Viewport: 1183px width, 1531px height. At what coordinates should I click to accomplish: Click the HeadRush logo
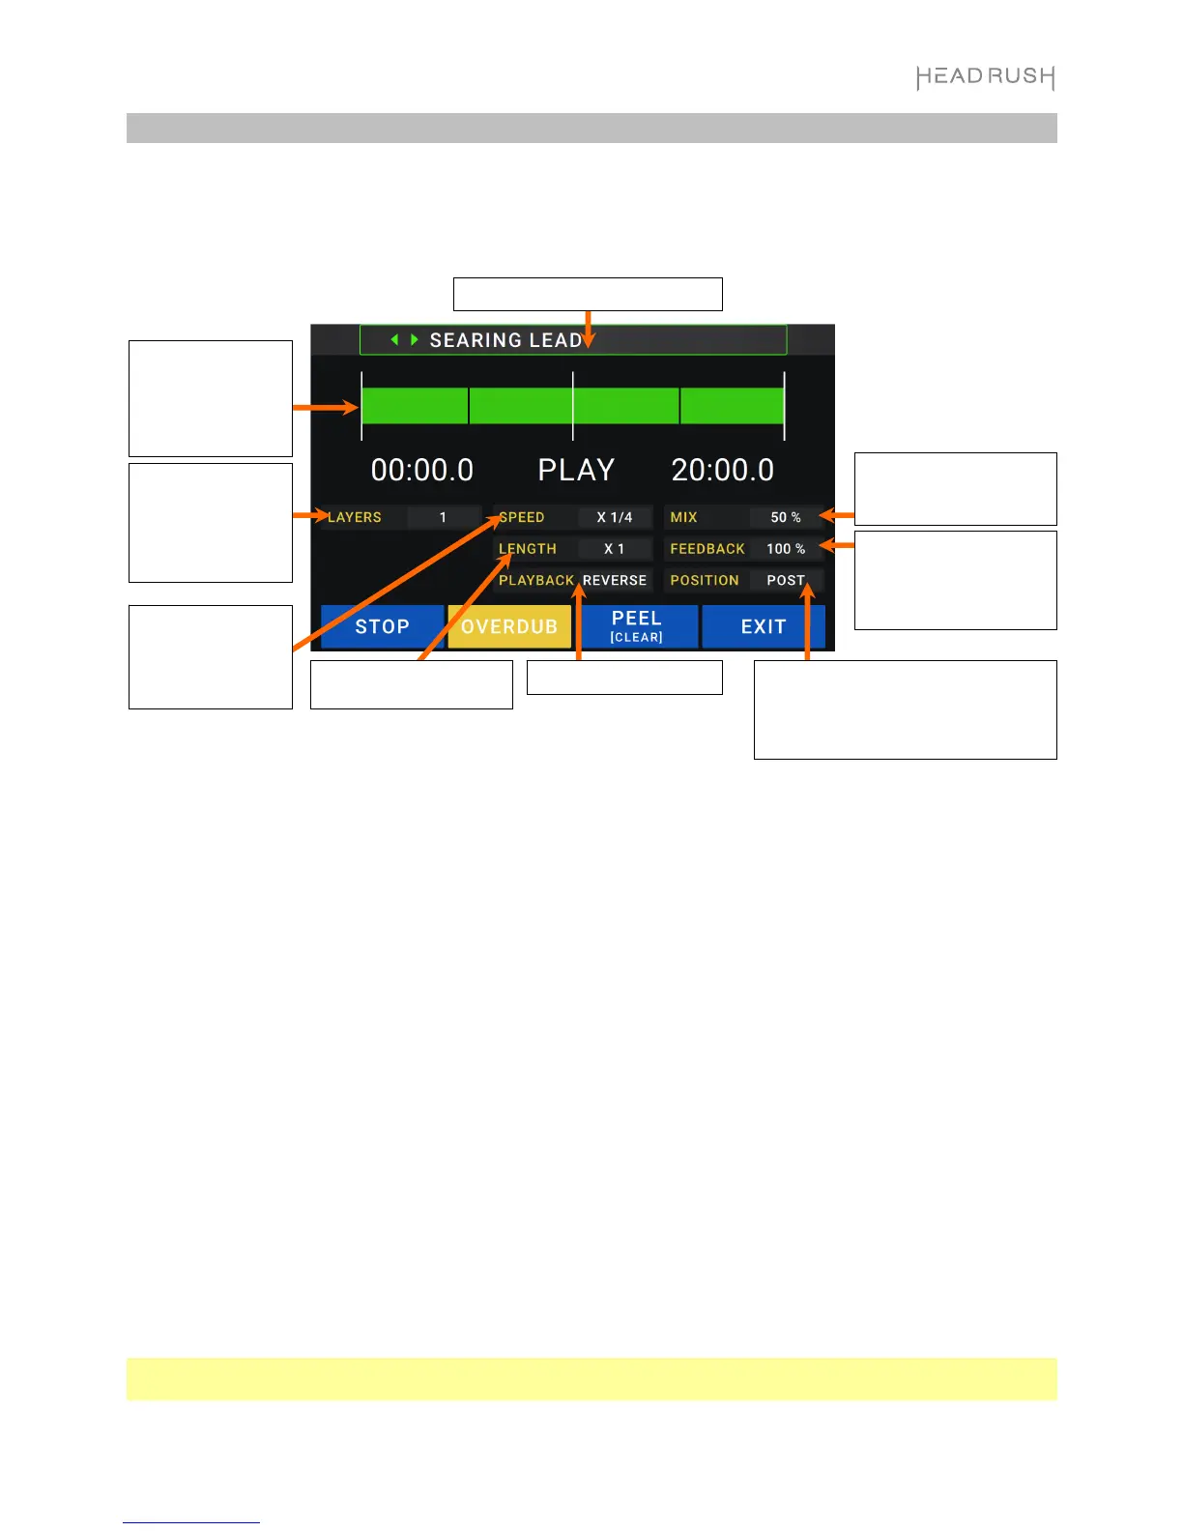tap(985, 77)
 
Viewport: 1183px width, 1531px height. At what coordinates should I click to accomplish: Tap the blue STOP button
tap(382, 626)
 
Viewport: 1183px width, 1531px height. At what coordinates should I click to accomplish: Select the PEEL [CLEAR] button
tap(637, 626)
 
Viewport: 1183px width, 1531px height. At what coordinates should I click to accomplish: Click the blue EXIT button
tap(764, 626)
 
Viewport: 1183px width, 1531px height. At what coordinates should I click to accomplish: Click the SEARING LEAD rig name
tap(505, 340)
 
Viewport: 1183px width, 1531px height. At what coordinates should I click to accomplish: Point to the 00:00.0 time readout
tap(422, 470)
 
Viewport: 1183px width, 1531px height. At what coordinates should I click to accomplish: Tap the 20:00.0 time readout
tap(723, 470)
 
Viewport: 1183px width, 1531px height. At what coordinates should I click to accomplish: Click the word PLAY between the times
tap(576, 470)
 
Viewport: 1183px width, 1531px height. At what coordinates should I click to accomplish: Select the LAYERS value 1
tap(443, 517)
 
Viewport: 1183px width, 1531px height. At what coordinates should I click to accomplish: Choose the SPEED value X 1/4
tap(615, 517)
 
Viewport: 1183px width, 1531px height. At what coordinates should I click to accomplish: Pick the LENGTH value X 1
tap(615, 549)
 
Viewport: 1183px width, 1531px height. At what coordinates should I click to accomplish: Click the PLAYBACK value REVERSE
tap(615, 580)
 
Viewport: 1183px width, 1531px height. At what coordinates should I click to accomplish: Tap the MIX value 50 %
tap(786, 517)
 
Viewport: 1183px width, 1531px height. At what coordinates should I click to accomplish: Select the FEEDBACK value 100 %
tap(786, 549)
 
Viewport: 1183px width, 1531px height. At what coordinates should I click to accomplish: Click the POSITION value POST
tap(786, 580)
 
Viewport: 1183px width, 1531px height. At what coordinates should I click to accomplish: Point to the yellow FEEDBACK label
tap(707, 549)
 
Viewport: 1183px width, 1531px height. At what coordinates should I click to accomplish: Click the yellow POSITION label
tap(705, 580)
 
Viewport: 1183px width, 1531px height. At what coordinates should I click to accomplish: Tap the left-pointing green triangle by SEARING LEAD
tap(394, 340)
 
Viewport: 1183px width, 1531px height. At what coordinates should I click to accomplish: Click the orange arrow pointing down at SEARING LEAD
tap(588, 329)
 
